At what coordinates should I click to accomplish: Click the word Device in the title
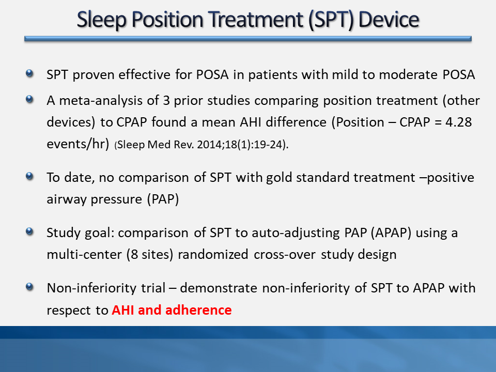[x=389, y=19]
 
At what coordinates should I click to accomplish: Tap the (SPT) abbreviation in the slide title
[x=331, y=20]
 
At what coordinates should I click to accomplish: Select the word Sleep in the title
[x=102, y=20]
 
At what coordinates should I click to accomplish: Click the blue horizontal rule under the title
[x=248, y=39]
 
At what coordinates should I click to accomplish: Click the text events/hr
[x=78, y=144]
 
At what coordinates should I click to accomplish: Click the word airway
[x=67, y=199]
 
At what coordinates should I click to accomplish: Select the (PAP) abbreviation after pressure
[x=163, y=199]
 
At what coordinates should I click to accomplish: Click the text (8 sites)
[x=150, y=255]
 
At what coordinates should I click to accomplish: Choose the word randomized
[x=213, y=255]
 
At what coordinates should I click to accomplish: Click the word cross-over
[x=285, y=255]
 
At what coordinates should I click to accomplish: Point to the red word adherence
[x=198, y=310]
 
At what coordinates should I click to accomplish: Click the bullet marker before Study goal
[x=29, y=231]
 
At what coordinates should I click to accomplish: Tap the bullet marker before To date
[x=29, y=176]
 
